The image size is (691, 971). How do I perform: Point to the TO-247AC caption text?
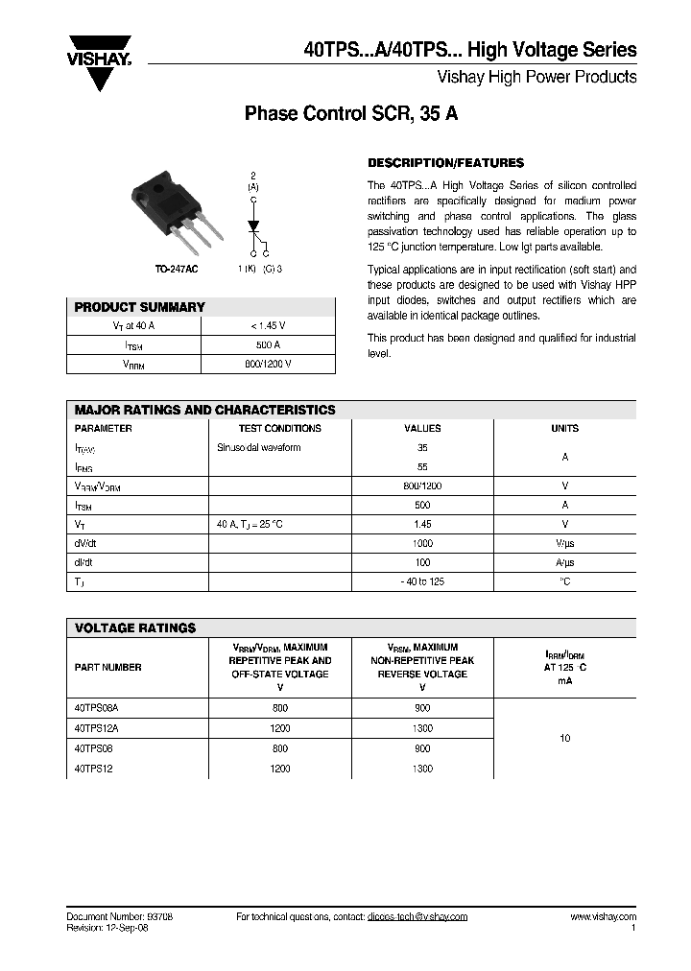[177, 271]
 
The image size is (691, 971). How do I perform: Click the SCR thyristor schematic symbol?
[254, 229]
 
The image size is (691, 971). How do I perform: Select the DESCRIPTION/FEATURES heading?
[446, 163]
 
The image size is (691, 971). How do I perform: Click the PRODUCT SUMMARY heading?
[140, 307]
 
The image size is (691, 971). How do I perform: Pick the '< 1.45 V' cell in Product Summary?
[269, 326]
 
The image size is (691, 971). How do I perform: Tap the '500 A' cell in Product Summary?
[269, 345]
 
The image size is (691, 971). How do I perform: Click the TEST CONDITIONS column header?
[280, 429]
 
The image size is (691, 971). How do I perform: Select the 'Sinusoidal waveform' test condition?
[259, 448]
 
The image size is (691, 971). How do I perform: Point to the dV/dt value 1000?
[422, 543]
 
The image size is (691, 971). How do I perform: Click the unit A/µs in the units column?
[564, 562]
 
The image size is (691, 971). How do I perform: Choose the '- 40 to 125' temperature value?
[422, 581]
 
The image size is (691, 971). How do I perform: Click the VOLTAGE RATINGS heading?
[135, 628]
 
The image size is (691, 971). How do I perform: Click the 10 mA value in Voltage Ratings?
[564, 738]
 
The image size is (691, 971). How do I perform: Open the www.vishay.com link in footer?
[603, 917]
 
